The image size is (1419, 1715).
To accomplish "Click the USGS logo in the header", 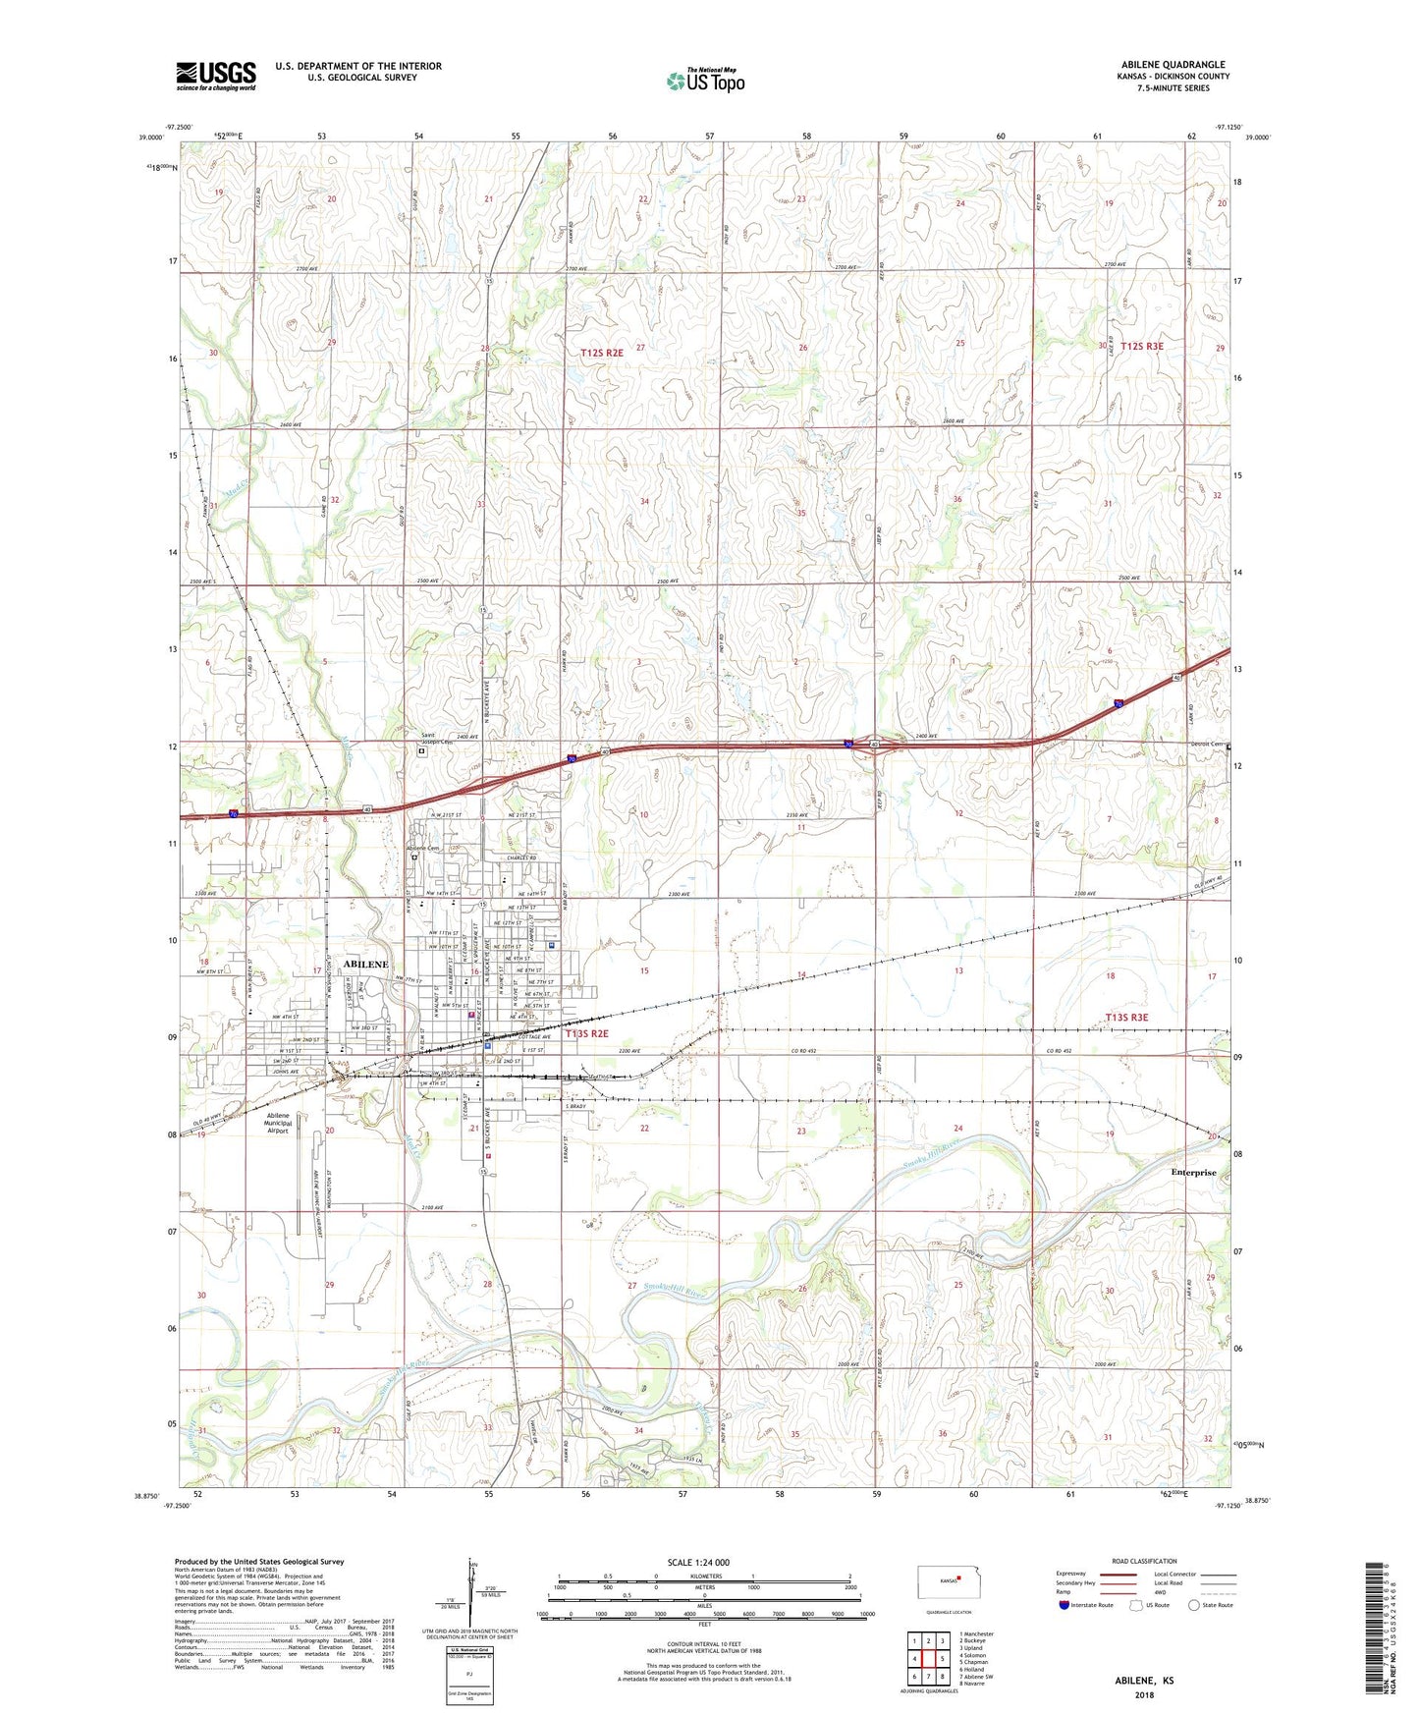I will [x=216, y=76].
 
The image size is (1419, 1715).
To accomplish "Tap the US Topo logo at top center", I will [x=704, y=81].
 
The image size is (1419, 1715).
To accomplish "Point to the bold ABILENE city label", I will [x=366, y=965].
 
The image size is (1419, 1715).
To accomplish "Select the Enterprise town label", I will [x=1193, y=1172].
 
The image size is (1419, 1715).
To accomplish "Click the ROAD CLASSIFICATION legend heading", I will [x=1144, y=1561].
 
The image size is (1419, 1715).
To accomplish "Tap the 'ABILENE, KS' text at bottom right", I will [x=1143, y=1680].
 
